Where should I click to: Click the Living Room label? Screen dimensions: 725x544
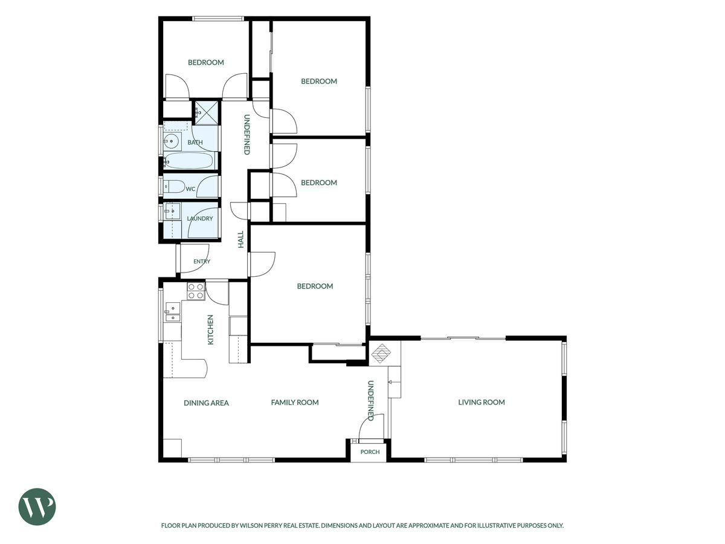tap(482, 402)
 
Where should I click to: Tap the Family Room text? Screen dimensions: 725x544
tap(295, 403)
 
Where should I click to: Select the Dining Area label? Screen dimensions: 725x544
tap(206, 403)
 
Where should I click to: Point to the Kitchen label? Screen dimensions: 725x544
tap(210, 329)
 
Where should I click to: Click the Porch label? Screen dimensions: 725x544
tap(370, 452)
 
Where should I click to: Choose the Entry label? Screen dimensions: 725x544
tap(202, 261)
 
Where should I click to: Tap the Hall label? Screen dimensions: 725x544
tap(241, 239)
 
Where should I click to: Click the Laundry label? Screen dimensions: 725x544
tap(200, 218)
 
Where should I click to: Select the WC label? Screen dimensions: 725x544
tap(190, 189)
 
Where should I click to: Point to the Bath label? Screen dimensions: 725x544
tap(195, 143)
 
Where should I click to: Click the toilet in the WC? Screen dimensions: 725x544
tap(174, 187)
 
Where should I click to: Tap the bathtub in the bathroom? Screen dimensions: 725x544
tap(189, 161)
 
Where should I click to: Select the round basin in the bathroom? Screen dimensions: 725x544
tap(172, 141)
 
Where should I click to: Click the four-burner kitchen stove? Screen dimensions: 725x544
tap(196, 291)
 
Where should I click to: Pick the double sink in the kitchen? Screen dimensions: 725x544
tap(172, 312)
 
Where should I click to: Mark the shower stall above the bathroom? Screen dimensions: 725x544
tap(207, 113)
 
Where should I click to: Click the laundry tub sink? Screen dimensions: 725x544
tap(172, 212)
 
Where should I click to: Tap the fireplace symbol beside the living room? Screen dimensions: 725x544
tap(381, 354)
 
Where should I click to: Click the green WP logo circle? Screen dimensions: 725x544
tap(37, 507)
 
